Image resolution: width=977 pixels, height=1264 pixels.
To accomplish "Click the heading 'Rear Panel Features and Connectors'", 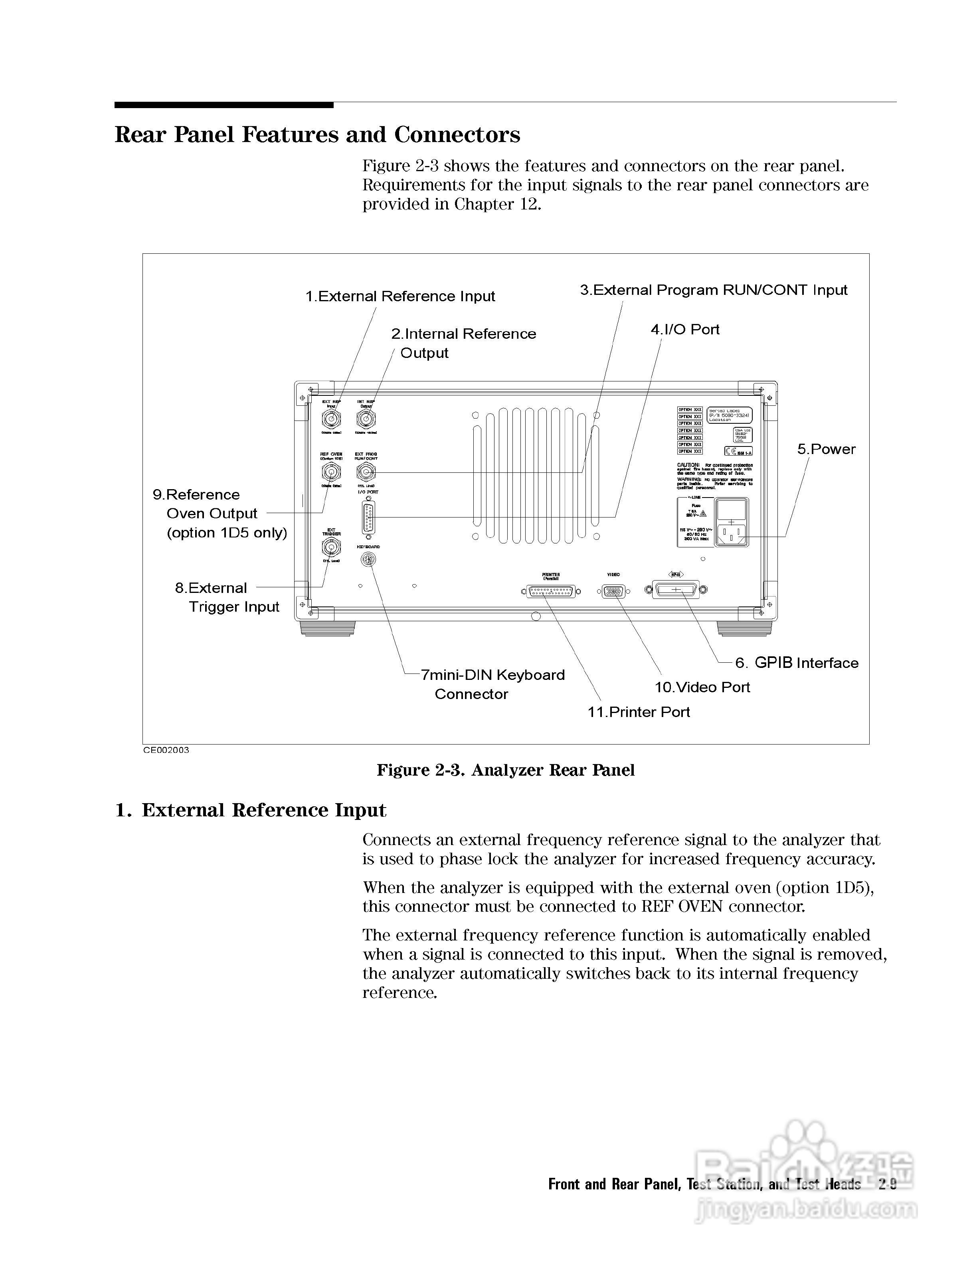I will [317, 135].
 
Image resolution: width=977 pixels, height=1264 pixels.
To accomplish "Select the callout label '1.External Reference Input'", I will [400, 296].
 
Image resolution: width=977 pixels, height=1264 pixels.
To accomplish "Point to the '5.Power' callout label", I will [826, 449].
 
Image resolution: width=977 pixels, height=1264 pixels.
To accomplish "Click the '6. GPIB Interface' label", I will [797, 663].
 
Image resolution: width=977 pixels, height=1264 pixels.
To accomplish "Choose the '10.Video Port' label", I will [702, 687].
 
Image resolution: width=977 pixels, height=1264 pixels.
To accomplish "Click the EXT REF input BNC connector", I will [331, 419].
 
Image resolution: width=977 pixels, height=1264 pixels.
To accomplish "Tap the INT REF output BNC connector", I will [366, 419].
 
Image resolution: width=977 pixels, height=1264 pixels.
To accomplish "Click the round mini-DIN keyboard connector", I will [367, 559].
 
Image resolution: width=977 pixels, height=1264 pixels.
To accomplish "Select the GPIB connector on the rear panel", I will [675, 590].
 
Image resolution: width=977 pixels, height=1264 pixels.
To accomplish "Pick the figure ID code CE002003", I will [166, 750].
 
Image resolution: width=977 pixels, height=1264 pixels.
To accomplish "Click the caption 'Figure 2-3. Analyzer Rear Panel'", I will [505, 770].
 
